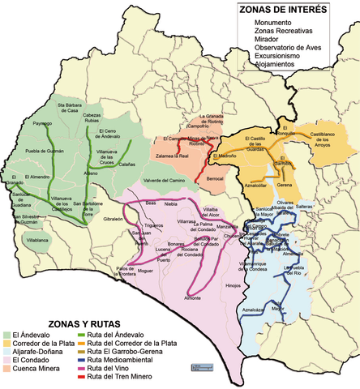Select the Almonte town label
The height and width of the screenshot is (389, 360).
point(193,298)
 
